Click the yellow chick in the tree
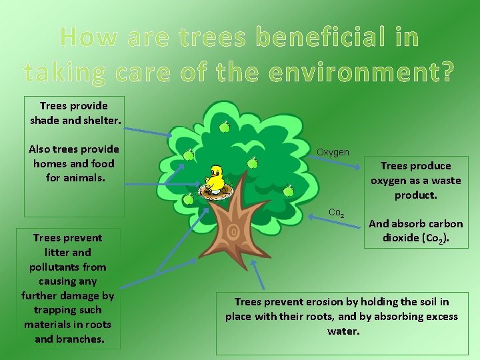click(215, 178)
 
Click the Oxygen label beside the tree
click(333, 152)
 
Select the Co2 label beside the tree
click(336, 213)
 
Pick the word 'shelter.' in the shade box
click(99, 120)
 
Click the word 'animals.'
click(85, 178)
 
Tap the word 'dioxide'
click(406, 238)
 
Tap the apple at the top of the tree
click(225, 126)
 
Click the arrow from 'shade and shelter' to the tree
click(150, 131)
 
